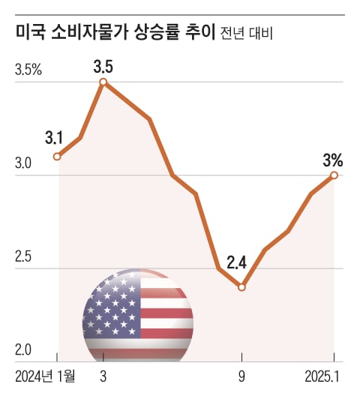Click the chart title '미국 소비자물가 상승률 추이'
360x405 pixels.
(114, 33)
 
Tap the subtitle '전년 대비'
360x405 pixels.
(247, 34)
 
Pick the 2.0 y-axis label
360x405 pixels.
(24, 350)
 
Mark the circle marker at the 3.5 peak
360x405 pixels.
(103, 82)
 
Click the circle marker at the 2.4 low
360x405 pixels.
(241, 286)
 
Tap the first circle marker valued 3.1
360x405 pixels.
(57, 157)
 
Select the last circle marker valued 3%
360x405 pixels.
(334, 175)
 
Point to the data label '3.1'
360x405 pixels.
(54, 138)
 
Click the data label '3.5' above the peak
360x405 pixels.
(103, 66)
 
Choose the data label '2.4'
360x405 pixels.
(237, 263)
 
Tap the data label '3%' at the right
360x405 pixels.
(333, 160)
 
